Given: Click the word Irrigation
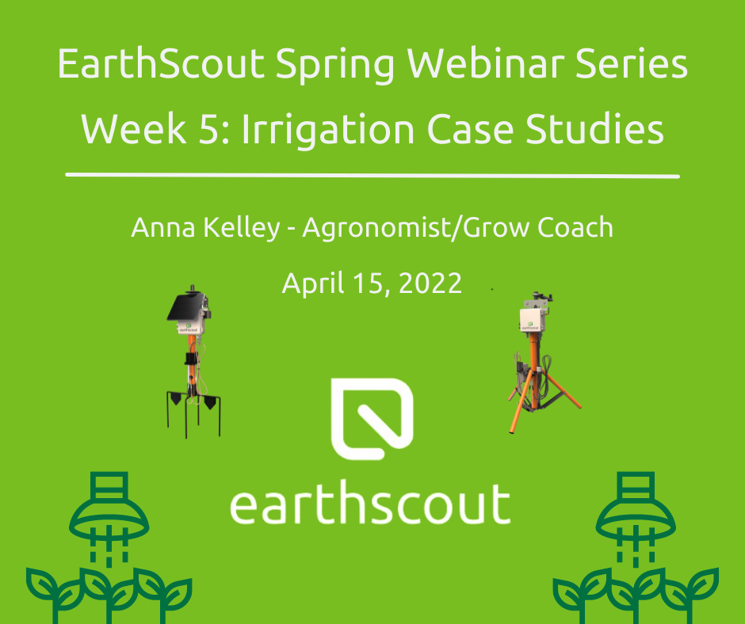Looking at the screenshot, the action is coord(329,131).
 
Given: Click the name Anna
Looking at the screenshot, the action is coord(163,227).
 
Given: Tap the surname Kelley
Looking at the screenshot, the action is coord(242,228).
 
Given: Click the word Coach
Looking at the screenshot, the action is coord(575,227).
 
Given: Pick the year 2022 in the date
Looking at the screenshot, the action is coord(430,283).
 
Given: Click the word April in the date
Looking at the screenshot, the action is coord(312,284).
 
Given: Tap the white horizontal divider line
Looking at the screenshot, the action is coord(372,176).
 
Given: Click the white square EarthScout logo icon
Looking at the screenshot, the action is coord(372,419).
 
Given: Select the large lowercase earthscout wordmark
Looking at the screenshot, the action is coord(370,504).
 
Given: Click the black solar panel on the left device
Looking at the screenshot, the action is coord(184,307).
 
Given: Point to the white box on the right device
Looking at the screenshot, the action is coord(532,320).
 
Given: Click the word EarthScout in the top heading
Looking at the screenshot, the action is coord(161,63).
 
